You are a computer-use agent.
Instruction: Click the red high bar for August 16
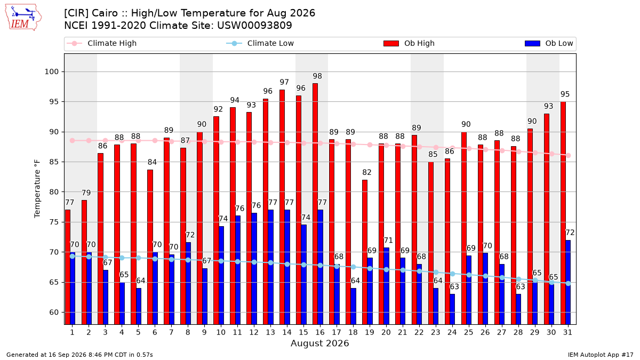315,204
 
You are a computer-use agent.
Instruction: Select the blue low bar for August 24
452,309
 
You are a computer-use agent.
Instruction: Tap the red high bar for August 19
365,252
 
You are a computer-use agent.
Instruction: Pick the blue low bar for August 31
567,282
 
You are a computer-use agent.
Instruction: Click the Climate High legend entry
101,43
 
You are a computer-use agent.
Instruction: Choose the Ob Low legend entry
549,43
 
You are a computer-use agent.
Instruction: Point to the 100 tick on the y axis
52,71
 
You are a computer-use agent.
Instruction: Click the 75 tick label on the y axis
54,222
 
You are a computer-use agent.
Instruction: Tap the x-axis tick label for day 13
270,332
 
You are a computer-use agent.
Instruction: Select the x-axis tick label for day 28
518,332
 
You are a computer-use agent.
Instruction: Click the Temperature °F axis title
37,189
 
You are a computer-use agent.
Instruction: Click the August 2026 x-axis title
319,343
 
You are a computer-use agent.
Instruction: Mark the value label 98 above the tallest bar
317,76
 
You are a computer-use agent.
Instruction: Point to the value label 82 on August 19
367,172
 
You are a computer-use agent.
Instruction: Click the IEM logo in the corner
23,18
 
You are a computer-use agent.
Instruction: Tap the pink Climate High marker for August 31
569,155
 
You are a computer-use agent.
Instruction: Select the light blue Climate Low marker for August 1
73,257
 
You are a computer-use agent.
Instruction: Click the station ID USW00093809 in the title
254,26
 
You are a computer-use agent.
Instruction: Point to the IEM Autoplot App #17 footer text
601,355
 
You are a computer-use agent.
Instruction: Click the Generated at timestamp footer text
79,355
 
